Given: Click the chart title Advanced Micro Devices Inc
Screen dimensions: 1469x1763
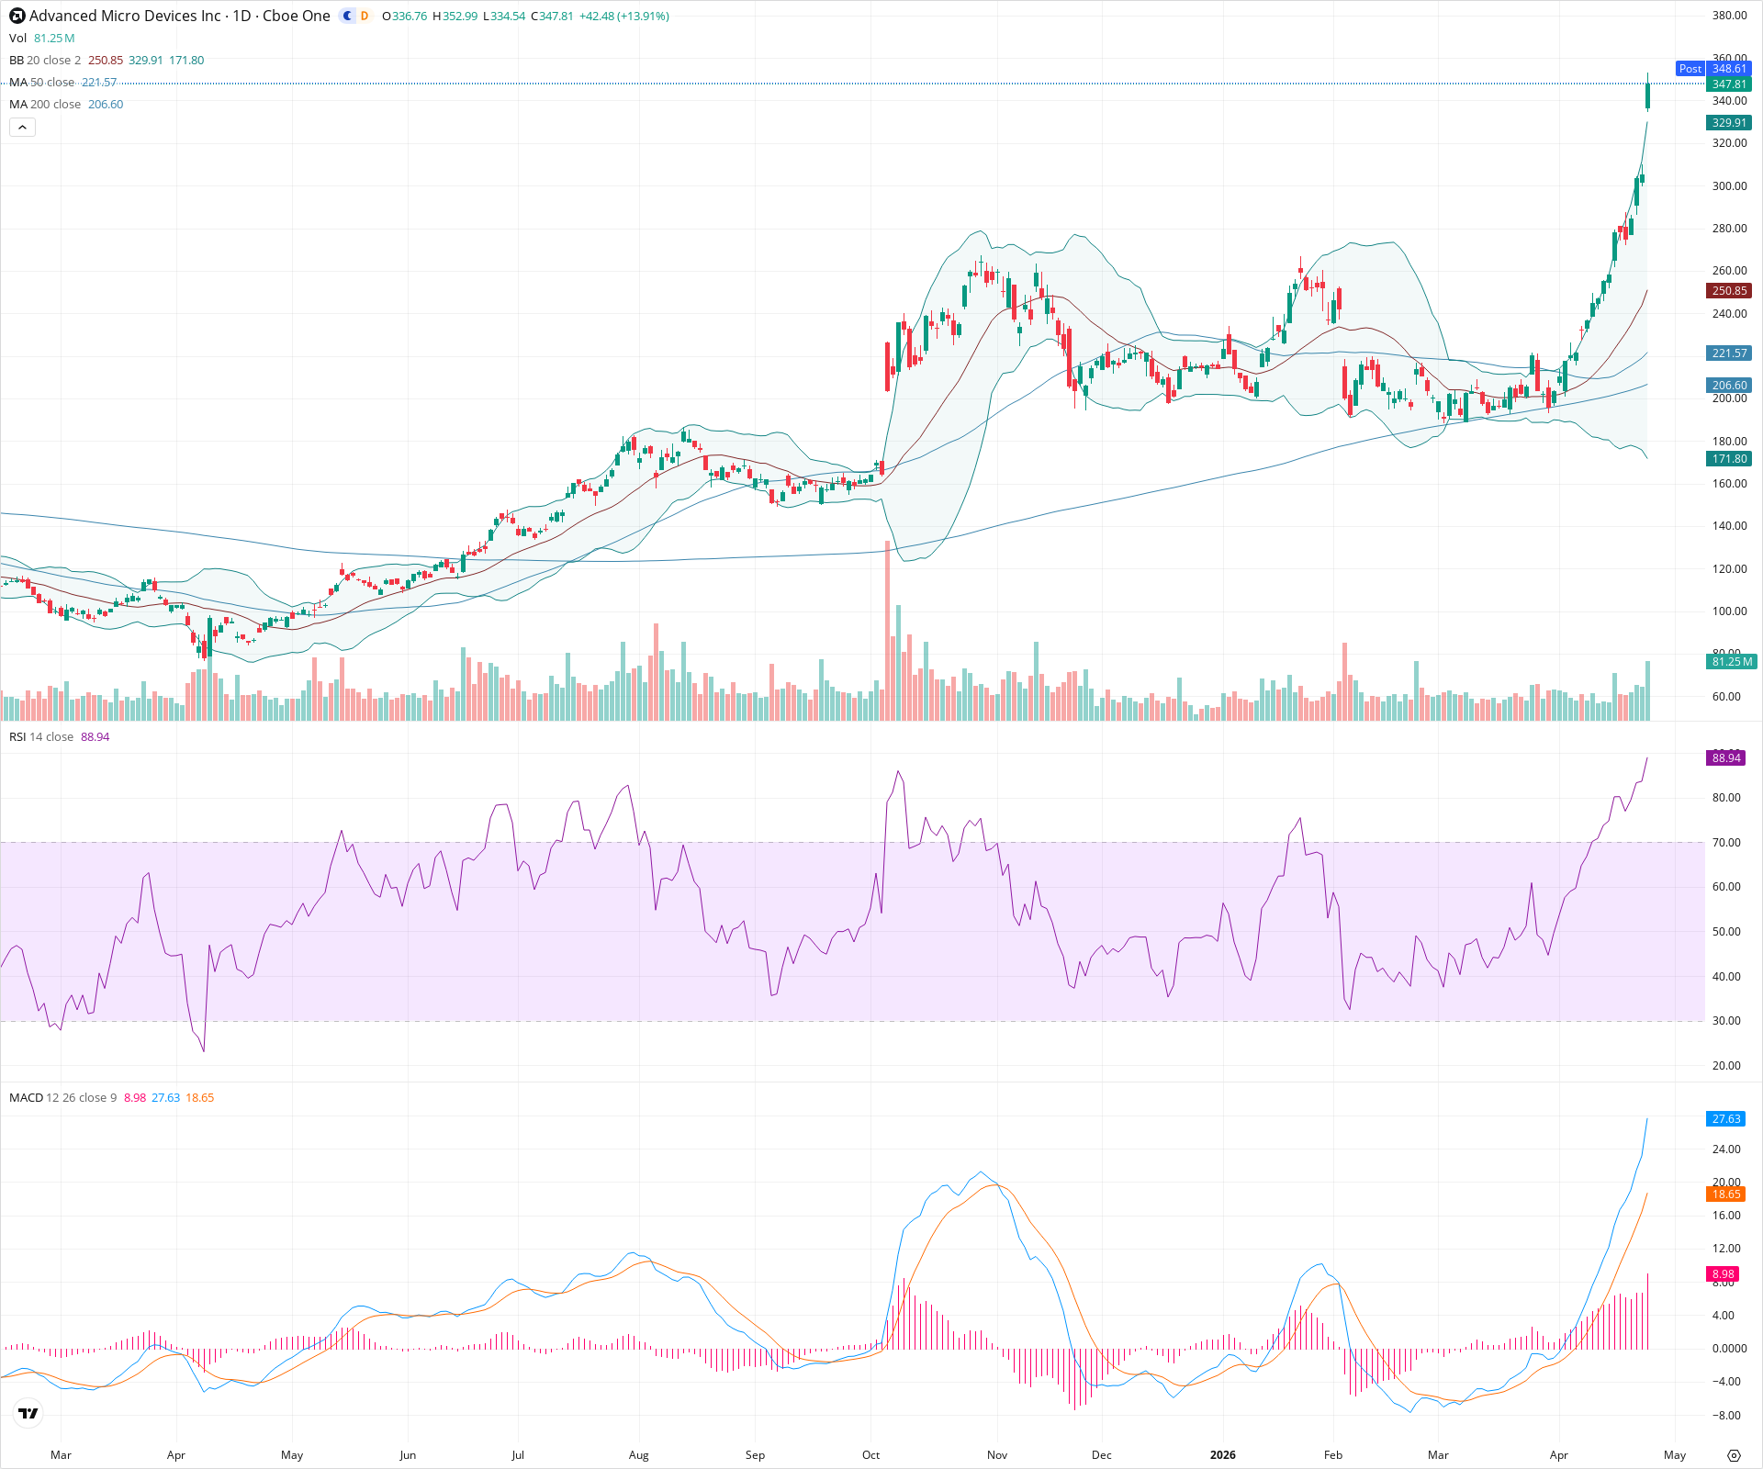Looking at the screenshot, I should pos(125,16).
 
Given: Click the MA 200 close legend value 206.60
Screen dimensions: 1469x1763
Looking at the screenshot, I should pos(106,104).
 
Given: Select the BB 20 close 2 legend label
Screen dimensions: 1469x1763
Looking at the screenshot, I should pos(45,60).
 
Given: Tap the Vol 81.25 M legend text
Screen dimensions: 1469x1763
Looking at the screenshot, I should pos(41,38).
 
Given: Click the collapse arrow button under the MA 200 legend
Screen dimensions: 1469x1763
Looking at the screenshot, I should pos(22,127).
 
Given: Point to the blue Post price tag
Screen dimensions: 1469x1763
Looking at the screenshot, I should pos(1690,69).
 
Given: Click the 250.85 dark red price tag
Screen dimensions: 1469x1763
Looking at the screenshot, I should pos(1729,291).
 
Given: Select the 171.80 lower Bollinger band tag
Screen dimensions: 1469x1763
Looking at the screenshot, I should pos(1729,459).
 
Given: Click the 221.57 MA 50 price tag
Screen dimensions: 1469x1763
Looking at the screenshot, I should pos(1729,353).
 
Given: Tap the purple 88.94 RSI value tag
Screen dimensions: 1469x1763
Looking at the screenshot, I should pos(1726,757).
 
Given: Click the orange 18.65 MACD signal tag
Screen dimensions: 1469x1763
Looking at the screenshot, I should pos(1726,1194).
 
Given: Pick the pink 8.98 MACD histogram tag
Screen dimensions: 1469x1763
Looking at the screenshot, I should pos(1724,1273).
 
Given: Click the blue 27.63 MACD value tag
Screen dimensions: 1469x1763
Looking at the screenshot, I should pos(1726,1118).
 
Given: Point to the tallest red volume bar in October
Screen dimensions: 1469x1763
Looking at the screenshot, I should pos(887,634).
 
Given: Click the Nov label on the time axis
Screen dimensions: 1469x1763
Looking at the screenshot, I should pos(997,1454).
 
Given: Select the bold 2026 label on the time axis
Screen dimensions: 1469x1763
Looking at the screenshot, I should pos(1222,1454).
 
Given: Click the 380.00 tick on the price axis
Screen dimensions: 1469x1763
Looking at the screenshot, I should pos(1729,16).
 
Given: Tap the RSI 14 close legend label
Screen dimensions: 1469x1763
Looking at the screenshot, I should pos(41,736).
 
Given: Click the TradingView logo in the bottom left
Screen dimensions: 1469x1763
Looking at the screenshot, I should pos(28,1413).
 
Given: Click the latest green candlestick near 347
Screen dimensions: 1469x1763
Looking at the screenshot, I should pos(1648,95).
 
